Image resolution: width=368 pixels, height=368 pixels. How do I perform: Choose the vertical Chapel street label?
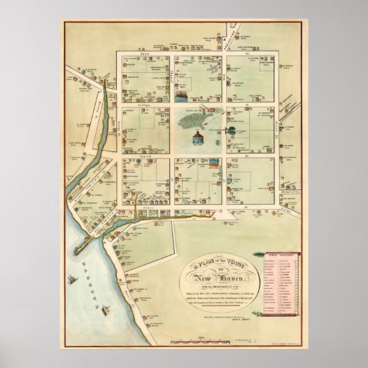[x=169, y=76]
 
